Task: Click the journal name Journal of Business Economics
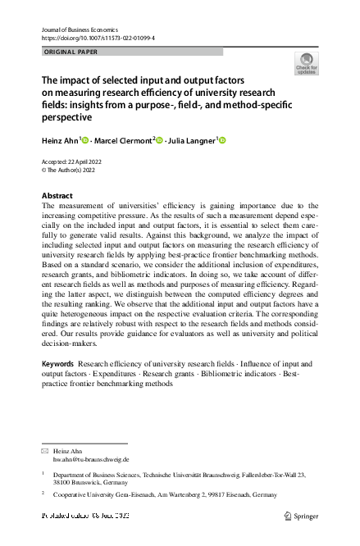coord(79,29)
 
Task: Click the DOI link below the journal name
coord(98,39)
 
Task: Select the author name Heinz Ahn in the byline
coord(60,141)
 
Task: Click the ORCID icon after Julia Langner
coord(221,141)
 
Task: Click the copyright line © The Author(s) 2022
coord(70,170)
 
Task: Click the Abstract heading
coord(57,196)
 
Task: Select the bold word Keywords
coord(57,362)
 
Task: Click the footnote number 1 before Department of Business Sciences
coord(43,473)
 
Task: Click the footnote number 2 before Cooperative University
coord(43,494)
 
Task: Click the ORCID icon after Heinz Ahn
coord(85,141)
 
